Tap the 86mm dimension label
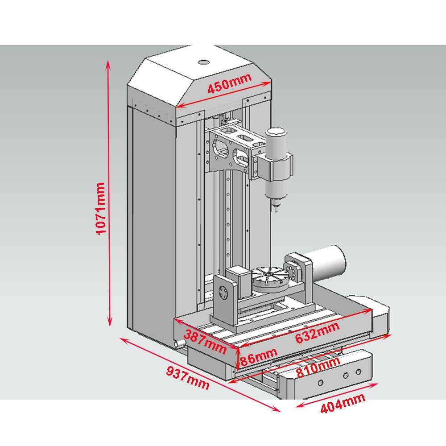[258, 357]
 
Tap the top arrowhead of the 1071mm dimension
[108, 63]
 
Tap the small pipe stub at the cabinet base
[180, 343]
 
